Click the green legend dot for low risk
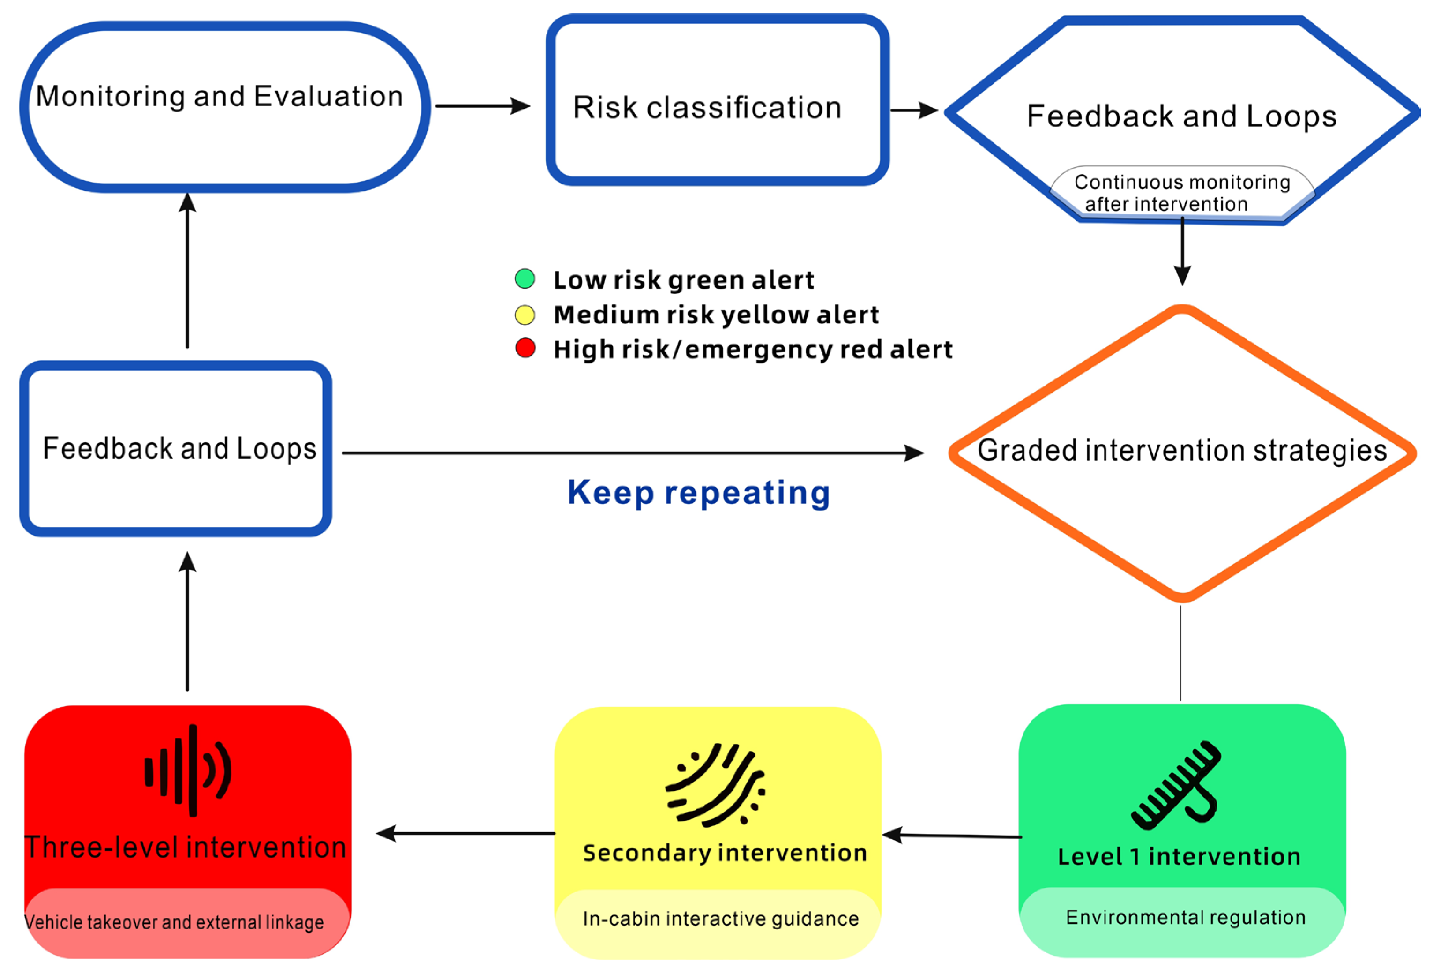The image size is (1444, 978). point(525,278)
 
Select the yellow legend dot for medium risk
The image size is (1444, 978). point(525,315)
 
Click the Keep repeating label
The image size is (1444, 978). point(699,493)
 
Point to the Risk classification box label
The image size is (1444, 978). point(707,108)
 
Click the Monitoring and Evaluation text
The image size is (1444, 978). point(220,96)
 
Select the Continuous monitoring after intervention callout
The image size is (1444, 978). point(1183,193)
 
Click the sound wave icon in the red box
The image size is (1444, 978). point(188,770)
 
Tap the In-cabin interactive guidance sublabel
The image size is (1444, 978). point(721,918)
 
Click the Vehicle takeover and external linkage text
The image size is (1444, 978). point(174,922)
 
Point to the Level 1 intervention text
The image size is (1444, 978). point(1179,856)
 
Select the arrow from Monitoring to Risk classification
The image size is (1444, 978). point(483,106)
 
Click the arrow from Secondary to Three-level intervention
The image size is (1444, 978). point(465,833)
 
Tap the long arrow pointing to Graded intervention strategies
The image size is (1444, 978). point(633,453)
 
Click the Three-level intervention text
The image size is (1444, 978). point(185,847)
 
